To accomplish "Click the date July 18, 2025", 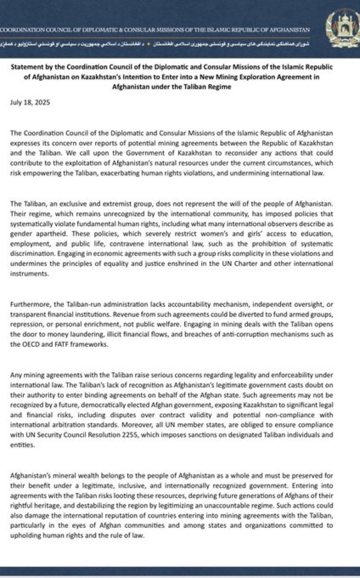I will point(30,102).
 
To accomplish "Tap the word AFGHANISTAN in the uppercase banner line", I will point(290,30).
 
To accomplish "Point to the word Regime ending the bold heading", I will point(221,87).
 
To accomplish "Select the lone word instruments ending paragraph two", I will point(29,274).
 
